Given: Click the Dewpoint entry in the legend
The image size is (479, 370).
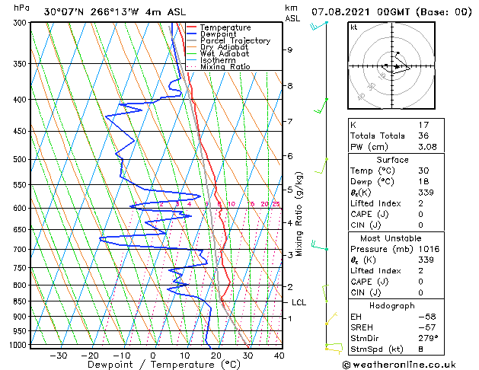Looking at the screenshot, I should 222,34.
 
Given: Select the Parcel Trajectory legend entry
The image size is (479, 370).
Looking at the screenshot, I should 230,41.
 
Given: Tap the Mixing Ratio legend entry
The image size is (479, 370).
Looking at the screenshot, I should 225,67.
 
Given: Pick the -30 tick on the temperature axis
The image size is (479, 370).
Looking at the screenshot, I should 59,355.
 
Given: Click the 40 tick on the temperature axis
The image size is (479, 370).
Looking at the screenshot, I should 279,355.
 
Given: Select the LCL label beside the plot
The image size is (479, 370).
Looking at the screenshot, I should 299,302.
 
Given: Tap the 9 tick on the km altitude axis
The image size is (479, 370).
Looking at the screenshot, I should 290,49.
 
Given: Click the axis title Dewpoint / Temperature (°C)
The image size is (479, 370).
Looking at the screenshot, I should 154,365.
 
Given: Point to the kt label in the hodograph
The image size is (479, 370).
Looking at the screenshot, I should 353,27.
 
